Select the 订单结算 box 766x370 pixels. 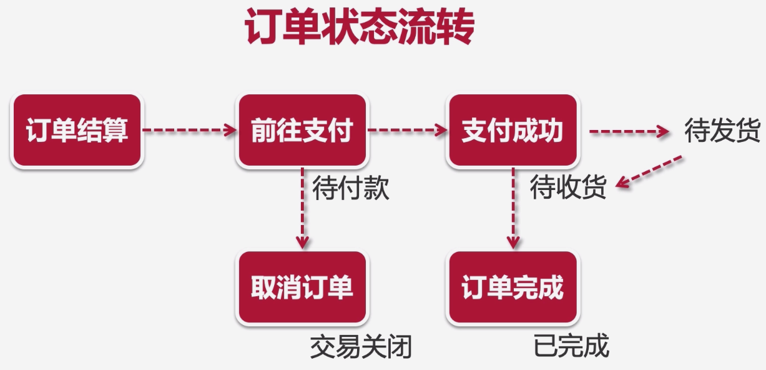pos(77,131)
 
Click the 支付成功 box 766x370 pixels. pos(512,131)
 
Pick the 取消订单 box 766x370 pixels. pos(302,287)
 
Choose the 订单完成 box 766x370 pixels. pos(512,287)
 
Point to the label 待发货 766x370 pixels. pos(722,131)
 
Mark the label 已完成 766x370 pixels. pos(571,346)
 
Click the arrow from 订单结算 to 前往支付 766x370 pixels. pos(190,131)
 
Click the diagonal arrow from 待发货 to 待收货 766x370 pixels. pos(649,171)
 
